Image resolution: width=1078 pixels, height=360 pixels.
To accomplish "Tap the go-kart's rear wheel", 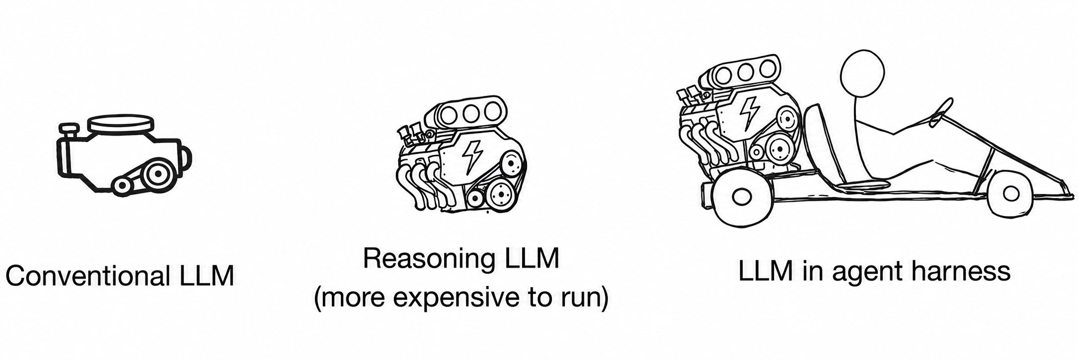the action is [x=740, y=195].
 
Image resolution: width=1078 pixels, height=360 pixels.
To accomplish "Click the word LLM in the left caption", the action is [x=204, y=276].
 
